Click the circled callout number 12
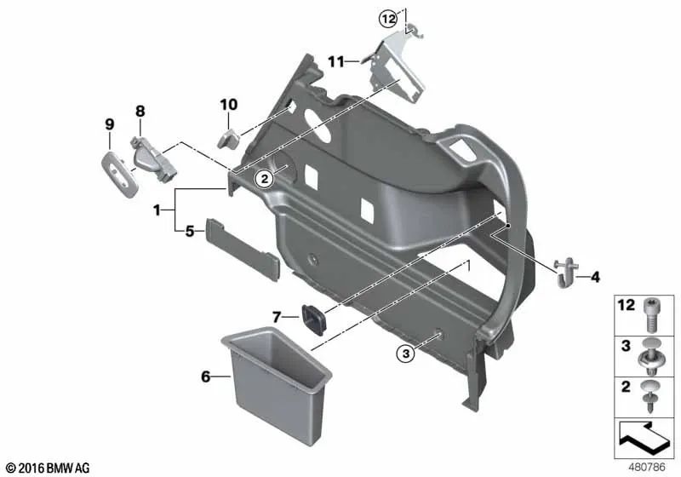point(388,19)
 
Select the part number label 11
point(335,62)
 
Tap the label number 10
point(229,105)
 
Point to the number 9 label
point(110,124)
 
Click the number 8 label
point(140,112)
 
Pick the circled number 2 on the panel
point(265,178)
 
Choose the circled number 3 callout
point(405,353)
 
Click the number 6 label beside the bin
point(205,376)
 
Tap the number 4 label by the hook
point(595,277)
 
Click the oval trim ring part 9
point(120,175)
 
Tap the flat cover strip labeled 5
point(243,250)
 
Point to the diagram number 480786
point(646,468)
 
